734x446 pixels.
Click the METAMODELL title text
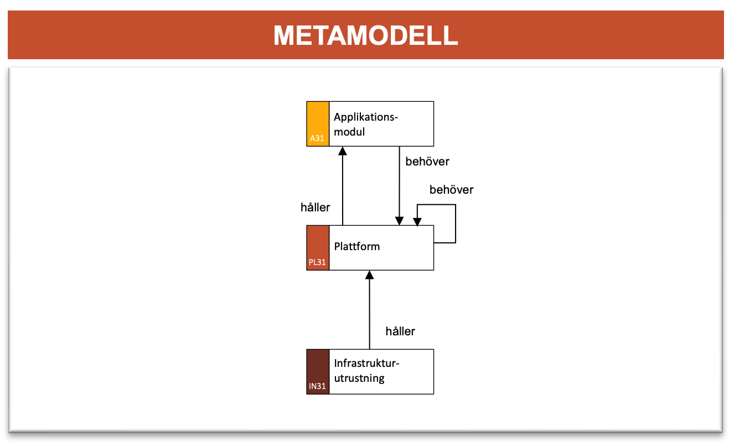click(x=366, y=35)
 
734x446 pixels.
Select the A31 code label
click(x=317, y=138)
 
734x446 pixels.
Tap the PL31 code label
click(x=317, y=262)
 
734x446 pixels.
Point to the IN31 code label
click(x=317, y=386)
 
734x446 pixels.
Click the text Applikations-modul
click(x=366, y=124)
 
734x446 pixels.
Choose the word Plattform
click(x=357, y=246)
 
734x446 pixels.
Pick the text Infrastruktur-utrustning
click(x=366, y=371)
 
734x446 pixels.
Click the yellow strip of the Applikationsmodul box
click(x=318, y=124)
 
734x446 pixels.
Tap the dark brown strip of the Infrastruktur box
click(x=318, y=372)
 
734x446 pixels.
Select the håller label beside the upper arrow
click(x=315, y=208)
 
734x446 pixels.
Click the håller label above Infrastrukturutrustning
click(x=400, y=331)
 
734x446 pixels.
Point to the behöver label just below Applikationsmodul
click(x=427, y=162)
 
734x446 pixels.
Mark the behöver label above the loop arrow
click(x=451, y=190)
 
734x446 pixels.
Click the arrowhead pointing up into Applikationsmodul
click(x=343, y=151)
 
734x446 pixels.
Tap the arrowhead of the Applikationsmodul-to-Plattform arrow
click(x=399, y=221)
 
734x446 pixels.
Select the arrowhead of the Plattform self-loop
click(x=417, y=222)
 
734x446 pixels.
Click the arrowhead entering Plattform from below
click(x=369, y=275)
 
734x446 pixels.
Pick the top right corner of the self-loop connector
click(x=456, y=205)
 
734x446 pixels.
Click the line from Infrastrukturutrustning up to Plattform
click(x=369, y=310)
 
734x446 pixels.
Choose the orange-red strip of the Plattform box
click(x=318, y=248)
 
